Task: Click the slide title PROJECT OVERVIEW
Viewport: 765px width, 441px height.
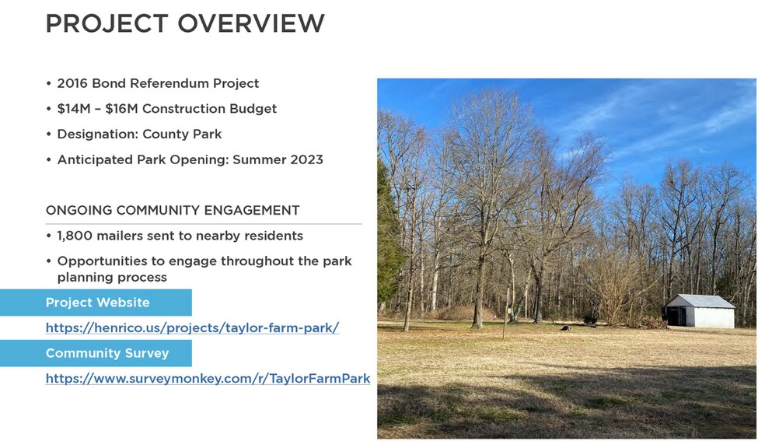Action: point(185,23)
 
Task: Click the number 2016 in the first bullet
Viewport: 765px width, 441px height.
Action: point(73,83)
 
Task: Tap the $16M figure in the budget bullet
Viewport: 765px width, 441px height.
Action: point(122,109)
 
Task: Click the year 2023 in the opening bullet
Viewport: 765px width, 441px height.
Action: point(305,159)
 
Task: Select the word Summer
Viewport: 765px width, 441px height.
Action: point(258,159)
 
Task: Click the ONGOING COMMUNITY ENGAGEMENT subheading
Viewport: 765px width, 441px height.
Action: point(173,211)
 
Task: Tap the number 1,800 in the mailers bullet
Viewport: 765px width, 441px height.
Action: point(75,236)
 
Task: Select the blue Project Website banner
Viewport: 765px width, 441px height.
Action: point(96,303)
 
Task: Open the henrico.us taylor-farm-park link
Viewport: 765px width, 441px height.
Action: point(192,328)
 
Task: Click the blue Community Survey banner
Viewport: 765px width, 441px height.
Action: point(96,353)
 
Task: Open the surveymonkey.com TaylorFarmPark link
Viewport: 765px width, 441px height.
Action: point(208,379)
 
